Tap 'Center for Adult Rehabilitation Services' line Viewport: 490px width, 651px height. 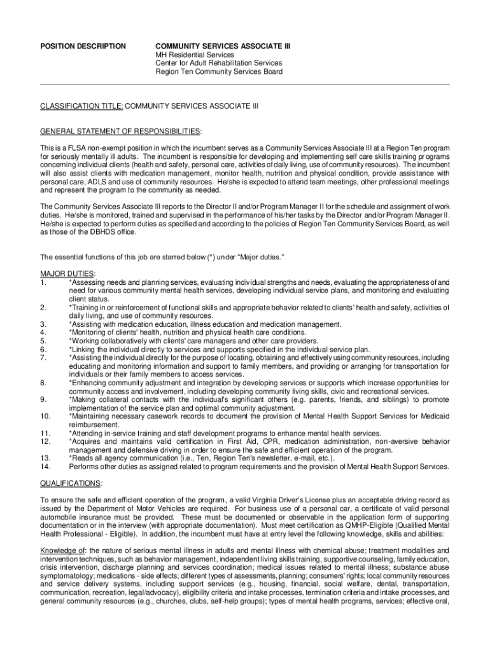219,63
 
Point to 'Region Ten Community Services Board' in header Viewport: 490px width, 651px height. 219,71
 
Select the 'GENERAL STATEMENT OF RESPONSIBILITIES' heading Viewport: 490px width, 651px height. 120,131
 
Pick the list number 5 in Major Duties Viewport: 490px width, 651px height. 43,341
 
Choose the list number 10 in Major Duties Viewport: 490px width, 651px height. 45,416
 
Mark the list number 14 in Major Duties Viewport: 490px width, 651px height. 45,467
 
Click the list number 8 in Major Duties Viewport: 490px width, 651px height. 43,383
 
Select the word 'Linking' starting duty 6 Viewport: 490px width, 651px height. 83,349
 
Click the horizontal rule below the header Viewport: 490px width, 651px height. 245,85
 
